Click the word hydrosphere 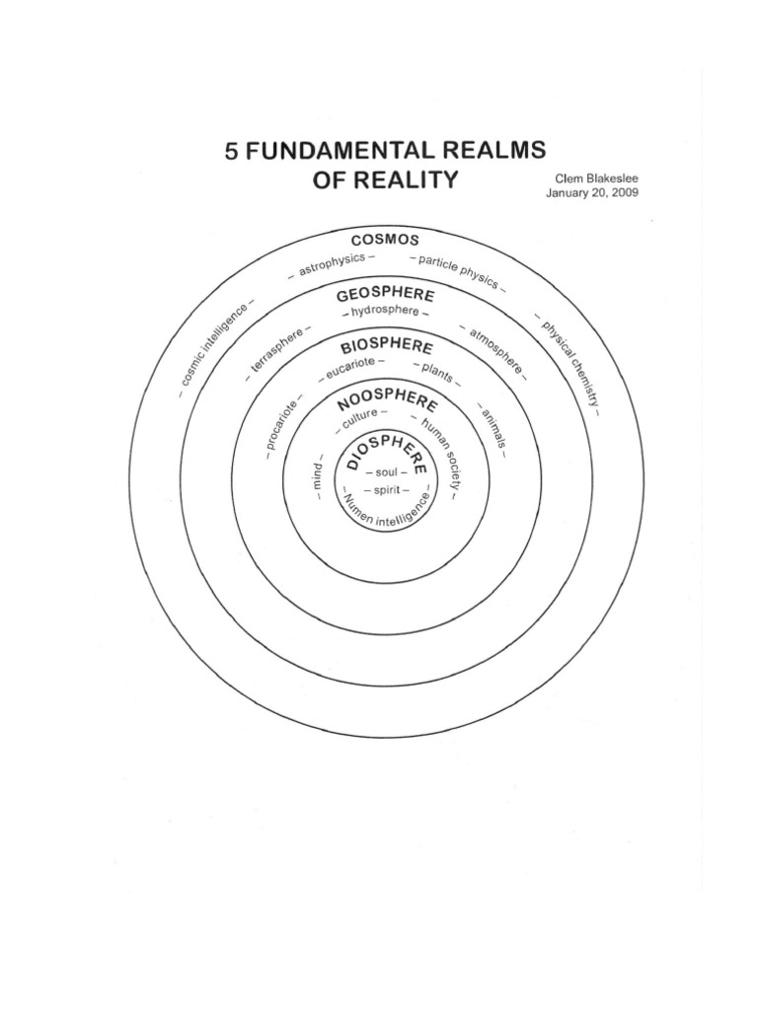click(x=384, y=312)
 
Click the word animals click(x=493, y=425)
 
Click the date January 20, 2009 click(x=591, y=193)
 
